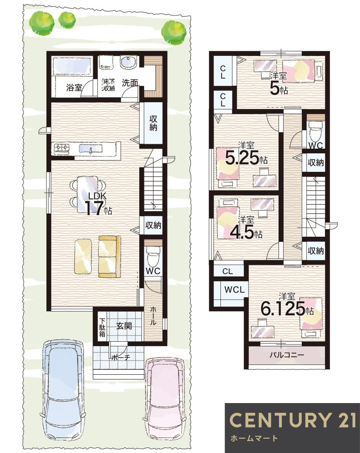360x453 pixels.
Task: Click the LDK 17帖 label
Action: [98, 204]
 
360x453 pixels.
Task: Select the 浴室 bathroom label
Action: [74, 87]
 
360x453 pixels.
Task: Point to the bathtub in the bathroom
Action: [72, 66]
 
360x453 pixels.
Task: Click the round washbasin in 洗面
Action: [127, 63]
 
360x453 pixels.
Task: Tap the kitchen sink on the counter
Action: [91, 149]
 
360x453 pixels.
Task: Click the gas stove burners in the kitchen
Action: [62, 149]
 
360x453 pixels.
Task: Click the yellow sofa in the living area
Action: [109, 256]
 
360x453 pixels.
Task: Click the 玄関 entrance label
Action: [124, 326]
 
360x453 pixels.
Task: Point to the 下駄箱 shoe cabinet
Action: [102, 327]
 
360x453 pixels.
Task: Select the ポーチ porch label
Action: [120, 357]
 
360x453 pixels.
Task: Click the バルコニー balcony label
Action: [287, 354]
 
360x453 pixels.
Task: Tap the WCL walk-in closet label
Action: [234, 289]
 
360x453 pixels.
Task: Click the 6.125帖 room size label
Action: [287, 308]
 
